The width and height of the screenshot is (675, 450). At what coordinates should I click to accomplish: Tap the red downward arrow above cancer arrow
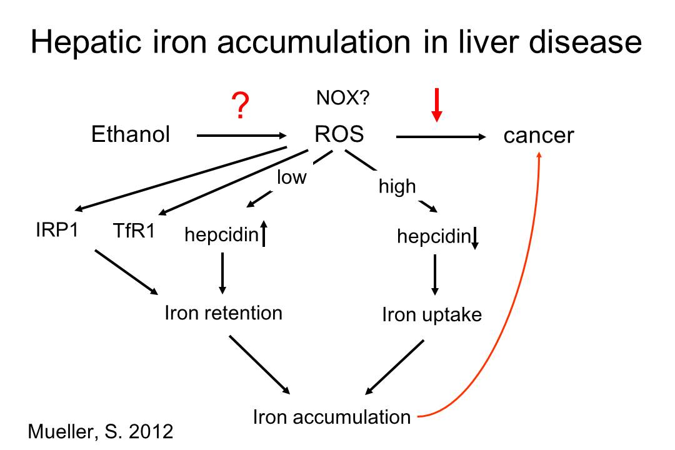437,105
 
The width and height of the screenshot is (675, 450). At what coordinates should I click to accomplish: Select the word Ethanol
131,134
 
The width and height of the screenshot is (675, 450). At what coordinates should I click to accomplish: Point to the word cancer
538,136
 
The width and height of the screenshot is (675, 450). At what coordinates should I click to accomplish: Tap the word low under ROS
292,178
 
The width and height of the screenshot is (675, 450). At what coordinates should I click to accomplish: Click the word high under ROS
397,186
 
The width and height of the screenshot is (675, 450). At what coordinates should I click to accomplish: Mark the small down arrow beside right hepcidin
475,238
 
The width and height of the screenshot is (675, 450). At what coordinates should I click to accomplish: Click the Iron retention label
223,312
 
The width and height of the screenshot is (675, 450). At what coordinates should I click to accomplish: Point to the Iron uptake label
432,315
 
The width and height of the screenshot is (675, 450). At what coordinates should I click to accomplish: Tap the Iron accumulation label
332,416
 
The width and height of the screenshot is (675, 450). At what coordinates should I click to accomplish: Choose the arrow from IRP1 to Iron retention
126,271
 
